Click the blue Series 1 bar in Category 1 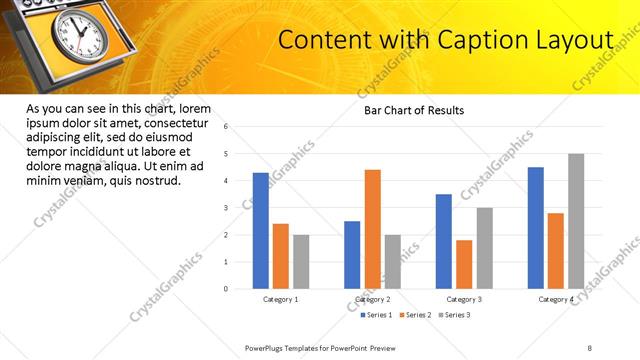pyautogui.click(x=261, y=231)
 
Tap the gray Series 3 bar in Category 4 pyautogui.click(x=576, y=221)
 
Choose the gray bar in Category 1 pyautogui.click(x=301, y=262)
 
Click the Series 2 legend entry pyautogui.click(x=415, y=315)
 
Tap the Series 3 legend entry pyautogui.click(x=455, y=315)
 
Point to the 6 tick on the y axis pyautogui.click(x=227, y=127)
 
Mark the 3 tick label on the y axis pyautogui.click(x=227, y=208)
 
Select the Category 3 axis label pyautogui.click(x=464, y=299)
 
